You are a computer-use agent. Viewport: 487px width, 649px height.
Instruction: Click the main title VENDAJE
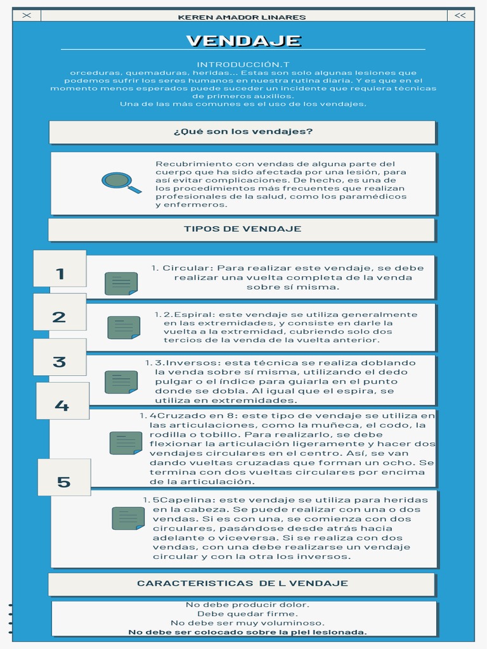[243, 41]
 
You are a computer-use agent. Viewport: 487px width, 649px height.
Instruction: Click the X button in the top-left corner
[26, 16]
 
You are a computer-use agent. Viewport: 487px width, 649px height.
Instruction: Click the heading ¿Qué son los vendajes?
[243, 132]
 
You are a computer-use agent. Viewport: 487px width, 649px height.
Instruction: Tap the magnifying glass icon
[120, 183]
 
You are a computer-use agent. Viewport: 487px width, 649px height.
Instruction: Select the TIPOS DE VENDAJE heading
[242, 229]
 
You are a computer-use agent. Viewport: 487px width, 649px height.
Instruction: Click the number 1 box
[60, 274]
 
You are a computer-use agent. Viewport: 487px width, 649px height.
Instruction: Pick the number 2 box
[59, 317]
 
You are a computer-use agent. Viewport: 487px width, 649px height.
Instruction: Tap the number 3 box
[59, 362]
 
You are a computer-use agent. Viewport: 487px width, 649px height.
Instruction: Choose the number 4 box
[62, 406]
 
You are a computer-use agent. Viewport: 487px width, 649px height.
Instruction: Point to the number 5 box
[63, 482]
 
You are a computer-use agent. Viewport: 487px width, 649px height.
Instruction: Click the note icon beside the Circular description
[121, 283]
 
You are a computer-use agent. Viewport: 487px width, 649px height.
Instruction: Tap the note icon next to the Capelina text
[128, 518]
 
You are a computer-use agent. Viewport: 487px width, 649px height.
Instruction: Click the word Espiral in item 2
[195, 314]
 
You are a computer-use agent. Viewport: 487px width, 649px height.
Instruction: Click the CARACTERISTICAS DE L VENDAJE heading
[242, 583]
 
